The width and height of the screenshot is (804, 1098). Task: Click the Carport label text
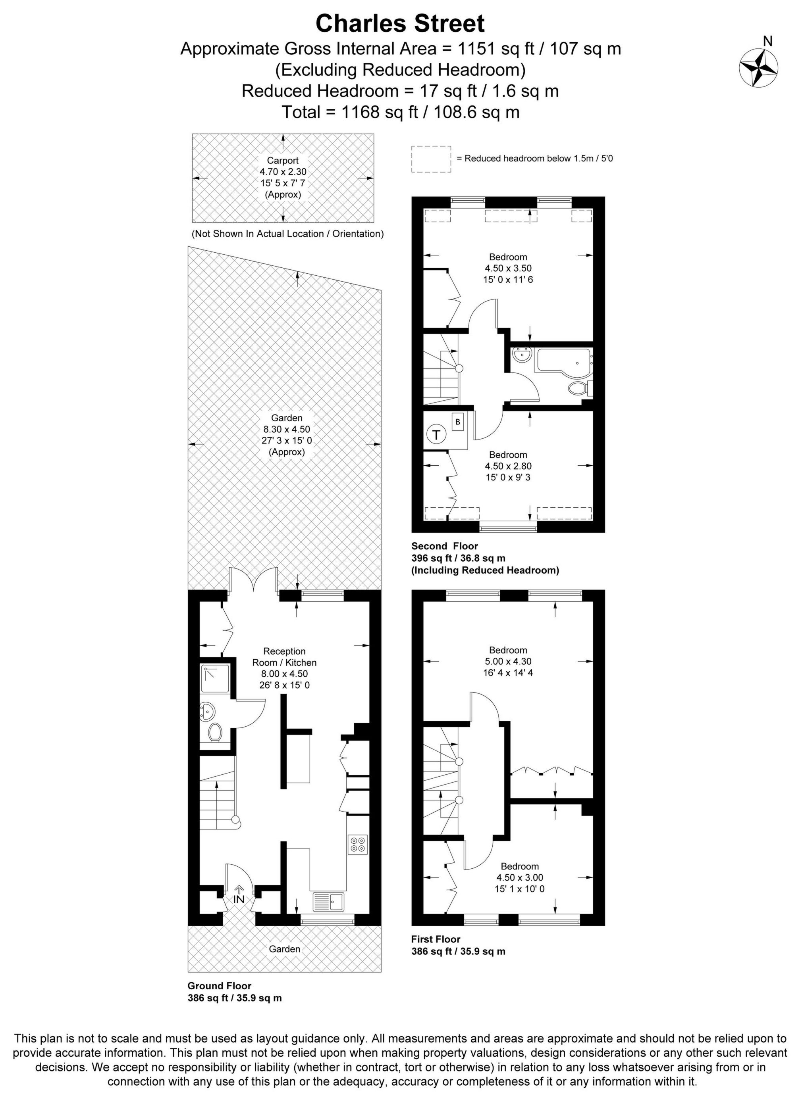click(283, 161)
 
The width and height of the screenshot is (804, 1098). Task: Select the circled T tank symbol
click(436, 434)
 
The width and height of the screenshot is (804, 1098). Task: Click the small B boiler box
click(457, 422)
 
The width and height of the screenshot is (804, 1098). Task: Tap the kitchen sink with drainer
click(328, 902)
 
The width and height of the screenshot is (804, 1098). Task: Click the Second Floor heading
click(445, 546)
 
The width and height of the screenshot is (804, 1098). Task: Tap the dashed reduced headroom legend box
click(431, 159)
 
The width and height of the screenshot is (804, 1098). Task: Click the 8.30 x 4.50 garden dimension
click(287, 429)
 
